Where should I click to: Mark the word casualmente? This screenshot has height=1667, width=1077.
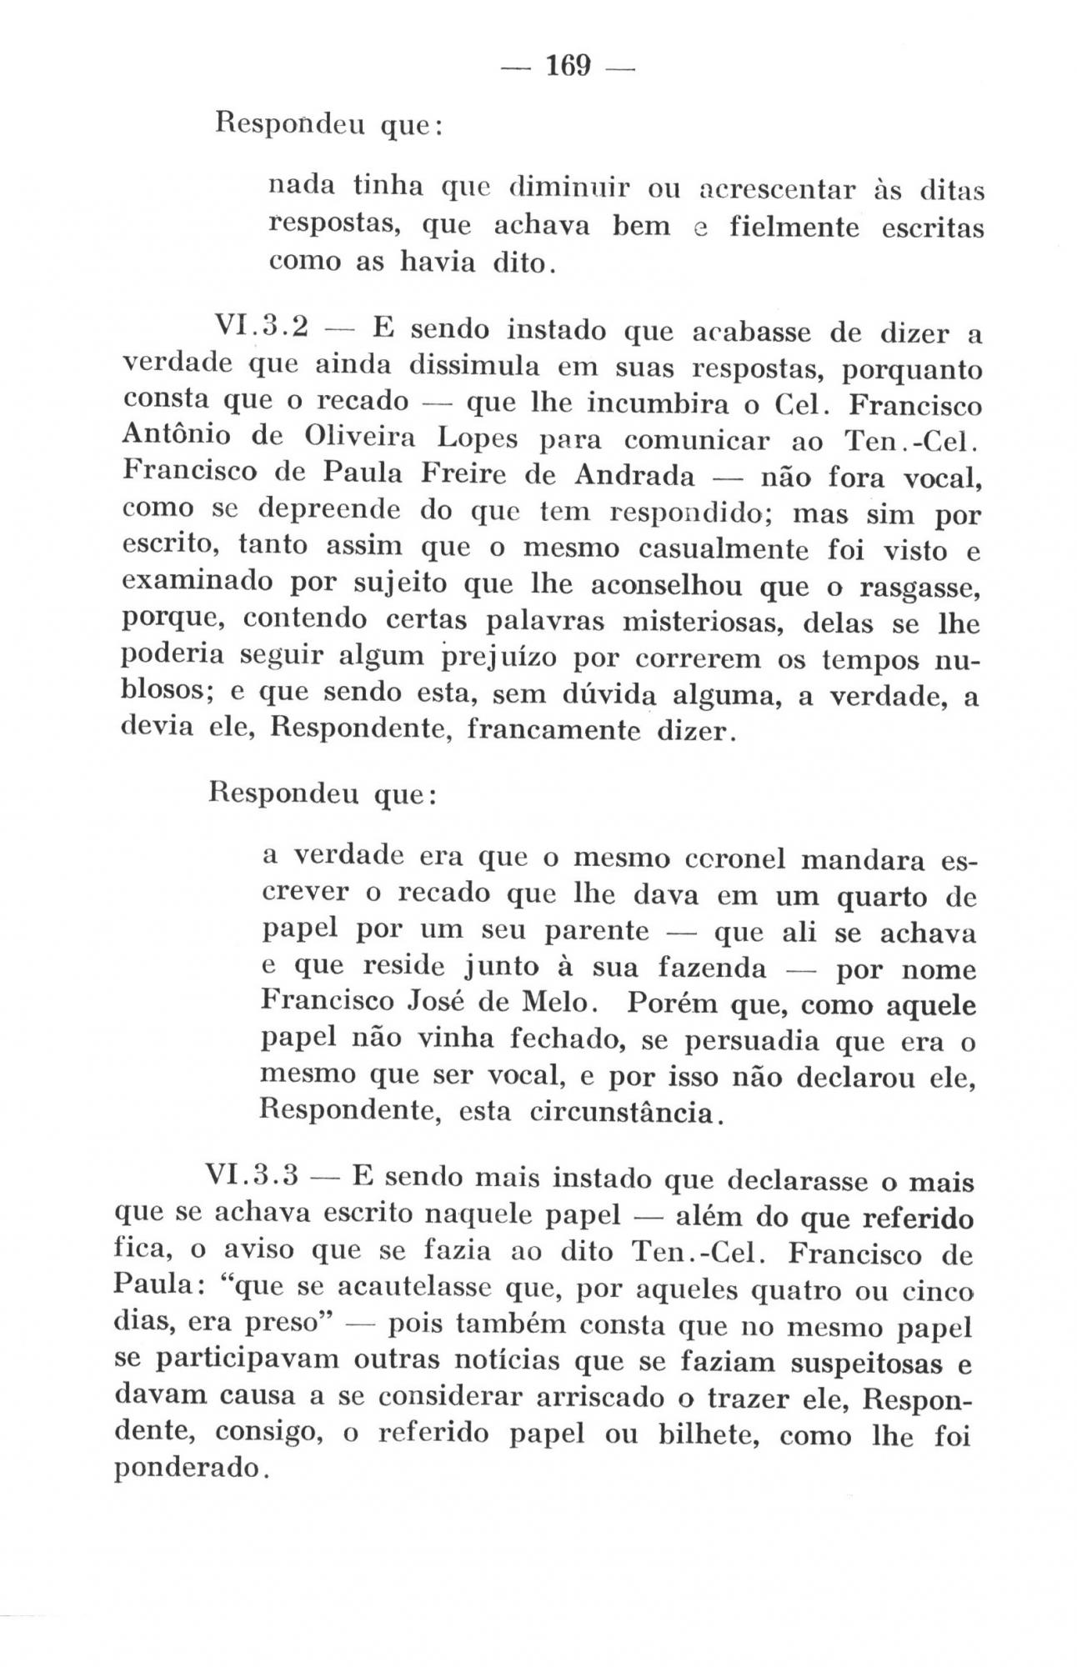(719, 549)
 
